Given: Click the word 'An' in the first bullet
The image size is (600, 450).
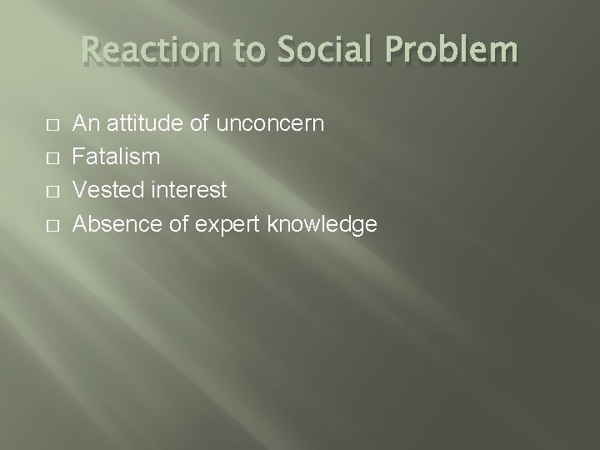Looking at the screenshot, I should [85, 124].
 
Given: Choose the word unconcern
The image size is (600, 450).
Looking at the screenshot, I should [268, 124].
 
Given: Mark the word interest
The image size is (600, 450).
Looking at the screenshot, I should [189, 191].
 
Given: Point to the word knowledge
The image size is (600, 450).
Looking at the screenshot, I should [320, 225].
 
